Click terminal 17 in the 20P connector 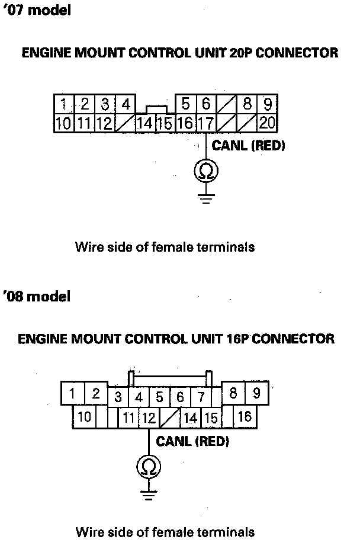[x=205, y=123]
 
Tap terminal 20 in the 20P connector [x=267, y=123]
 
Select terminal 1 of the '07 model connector [x=63, y=105]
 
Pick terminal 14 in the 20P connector [x=144, y=123]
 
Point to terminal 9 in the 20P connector [x=268, y=105]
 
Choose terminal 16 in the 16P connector [x=245, y=417]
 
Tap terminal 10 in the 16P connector [x=85, y=417]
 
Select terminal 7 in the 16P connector [x=201, y=396]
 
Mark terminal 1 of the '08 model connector [x=72, y=393]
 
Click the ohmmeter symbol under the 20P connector [x=206, y=171]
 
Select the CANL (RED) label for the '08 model [x=192, y=441]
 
